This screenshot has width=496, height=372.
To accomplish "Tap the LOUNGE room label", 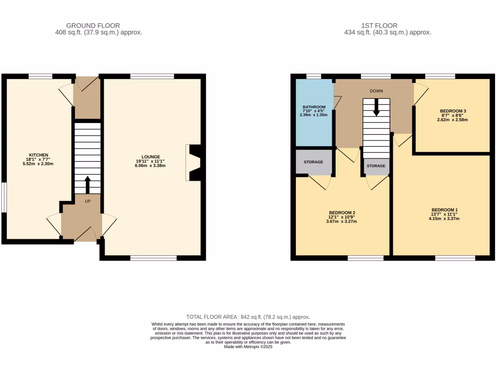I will pyautogui.click(x=151, y=156).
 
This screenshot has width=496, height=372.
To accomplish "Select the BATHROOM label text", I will pyautogui.click(x=314, y=107).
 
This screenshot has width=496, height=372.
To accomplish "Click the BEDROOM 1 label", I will pyautogui.click(x=444, y=210).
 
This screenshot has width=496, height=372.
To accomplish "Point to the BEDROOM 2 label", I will pyautogui.click(x=342, y=213).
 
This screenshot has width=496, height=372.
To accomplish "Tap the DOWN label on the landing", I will pyautogui.click(x=376, y=91).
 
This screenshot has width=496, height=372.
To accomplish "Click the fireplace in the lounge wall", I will pyautogui.click(x=194, y=163).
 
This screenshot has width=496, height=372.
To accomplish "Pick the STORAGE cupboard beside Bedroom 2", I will pyautogui.click(x=313, y=162).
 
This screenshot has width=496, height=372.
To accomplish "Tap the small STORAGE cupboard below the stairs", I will pyautogui.click(x=376, y=166).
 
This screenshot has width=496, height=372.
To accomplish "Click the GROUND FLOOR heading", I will pyautogui.click(x=93, y=26).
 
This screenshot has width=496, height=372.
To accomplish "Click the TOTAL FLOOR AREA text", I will pyautogui.click(x=248, y=317).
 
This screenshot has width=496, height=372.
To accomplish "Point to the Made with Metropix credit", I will pyautogui.click(x=248, y=346).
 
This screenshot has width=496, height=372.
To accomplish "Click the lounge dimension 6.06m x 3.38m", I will pyautogui.click(x=151, y=166).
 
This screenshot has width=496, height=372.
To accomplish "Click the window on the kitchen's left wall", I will pyautogui.click(x=3, y=197).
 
